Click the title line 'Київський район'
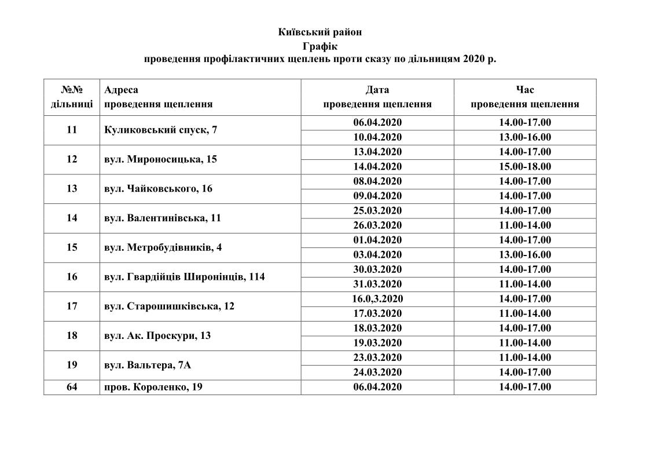(320, 32)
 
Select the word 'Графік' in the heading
(320, 45)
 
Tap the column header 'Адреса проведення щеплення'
(158, 97)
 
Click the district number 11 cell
(72, 130)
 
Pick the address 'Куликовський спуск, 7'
(161, 130)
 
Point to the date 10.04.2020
(377, 137)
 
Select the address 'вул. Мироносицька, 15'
(160, 159)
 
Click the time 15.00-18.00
(525, 167)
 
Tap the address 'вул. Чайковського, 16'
(159, 189)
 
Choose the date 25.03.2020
(377, 211)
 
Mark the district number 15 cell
(72, 247)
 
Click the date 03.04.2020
(377, 255)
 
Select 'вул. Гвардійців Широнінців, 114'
(185, 277)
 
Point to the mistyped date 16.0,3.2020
(377, 299)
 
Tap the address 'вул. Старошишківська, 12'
(170, 306)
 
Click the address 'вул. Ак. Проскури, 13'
(157, 335)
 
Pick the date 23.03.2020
(377, 357)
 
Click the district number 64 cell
(72, 387)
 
